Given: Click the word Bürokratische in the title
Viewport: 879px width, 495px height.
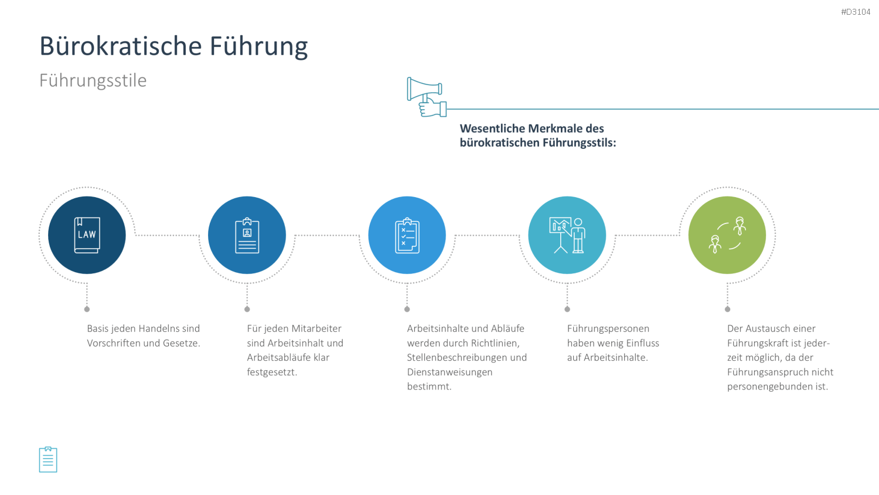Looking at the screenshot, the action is pyautogui.click(x=121, y=46).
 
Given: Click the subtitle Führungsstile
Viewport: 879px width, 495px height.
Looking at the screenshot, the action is pyautogui.click(x=93, y=80).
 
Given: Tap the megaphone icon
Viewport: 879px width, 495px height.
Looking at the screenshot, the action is pyautogui.click(x=427, y=97).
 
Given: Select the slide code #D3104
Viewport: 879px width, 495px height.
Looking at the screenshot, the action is pyautogui.click(x=856, y=12).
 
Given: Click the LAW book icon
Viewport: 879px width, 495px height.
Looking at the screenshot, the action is pyautogui.click(x=87, y=235).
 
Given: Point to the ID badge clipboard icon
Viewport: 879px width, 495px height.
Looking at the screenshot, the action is pyautogui.click(x=247, y=235).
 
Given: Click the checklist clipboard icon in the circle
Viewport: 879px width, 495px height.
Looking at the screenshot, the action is pyautogui.click(x=407, y=235).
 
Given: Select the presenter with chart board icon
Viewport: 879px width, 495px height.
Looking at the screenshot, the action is pyautogui.click(x=567, y=235).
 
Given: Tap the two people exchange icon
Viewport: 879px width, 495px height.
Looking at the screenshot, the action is pyautogui.click(x=727, y=235).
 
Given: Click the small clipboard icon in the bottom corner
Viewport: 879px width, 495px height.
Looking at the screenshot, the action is pyautogui.click(x=48, y=459).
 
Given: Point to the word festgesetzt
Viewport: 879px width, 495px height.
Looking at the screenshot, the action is pyautogui.click(x=272, y=372).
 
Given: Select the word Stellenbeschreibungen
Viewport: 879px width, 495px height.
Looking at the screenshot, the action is pyautogui.click(x=457, y=358).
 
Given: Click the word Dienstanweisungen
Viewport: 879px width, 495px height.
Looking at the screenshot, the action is pyautogui.click(x=449, y=372).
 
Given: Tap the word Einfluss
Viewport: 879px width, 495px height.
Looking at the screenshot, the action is pyautogui.click(x=642, y=343).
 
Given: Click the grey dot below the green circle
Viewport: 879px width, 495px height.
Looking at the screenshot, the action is pyautogui.click(x=727, y=309).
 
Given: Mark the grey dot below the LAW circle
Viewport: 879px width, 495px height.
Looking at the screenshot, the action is pyautogui.click(x=87, y=309).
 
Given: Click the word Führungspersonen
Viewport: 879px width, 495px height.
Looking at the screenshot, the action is pyautogui.click(x=608, y=329).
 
